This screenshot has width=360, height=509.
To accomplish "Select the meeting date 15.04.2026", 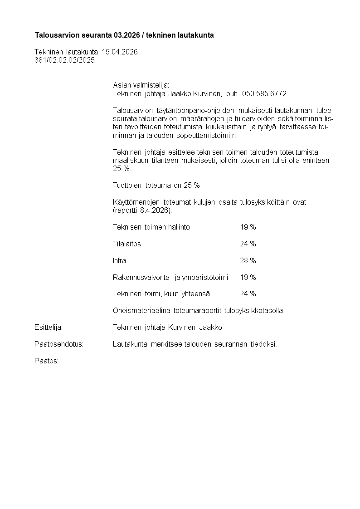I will tap(120, 52).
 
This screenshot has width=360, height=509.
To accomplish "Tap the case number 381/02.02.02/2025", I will tap(64, 60).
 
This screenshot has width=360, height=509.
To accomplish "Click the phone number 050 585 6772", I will tap(264, 93).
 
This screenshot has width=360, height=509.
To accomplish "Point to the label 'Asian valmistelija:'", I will tap(141, 85).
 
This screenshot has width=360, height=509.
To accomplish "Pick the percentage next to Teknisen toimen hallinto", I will tap(248, 227).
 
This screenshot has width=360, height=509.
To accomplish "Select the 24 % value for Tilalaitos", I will tap(248, 244).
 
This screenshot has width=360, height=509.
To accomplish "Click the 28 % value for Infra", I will tap(248, 260).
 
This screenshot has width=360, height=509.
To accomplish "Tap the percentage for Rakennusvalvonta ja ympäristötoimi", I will tap(248, 277).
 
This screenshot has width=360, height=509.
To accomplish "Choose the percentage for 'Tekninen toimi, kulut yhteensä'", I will tap(248, 294).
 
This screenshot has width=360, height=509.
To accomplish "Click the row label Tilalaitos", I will tap(126, 244).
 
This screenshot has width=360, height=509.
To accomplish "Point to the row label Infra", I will tap(119, 260).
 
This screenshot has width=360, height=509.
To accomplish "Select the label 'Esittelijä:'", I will tap(49, 327).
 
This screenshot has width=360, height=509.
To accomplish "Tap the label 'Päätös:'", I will tap(46, 361).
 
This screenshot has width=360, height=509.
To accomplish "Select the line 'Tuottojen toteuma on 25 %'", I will tap(156, 185).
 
